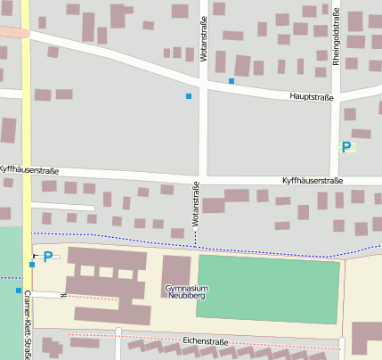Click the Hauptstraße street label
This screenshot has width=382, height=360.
(x=310, y=95)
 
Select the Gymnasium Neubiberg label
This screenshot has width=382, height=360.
(x=186, y=293)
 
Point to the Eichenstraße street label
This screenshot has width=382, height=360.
(x=206, y=341)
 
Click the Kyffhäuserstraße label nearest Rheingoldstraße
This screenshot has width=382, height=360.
(x=312, y=181)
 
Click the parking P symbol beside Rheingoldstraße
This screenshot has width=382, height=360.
(x=345, y=147)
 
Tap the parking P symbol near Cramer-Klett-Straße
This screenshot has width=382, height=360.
(x=48, y=257)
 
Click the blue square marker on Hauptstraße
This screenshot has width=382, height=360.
(x=232, y=81)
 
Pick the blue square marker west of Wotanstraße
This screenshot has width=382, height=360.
(x=188, y=95)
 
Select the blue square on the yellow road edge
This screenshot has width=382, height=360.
(x=32, y=264)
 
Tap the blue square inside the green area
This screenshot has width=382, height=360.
(x=18, y=290)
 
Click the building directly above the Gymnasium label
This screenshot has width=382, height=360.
(x=175, y=269)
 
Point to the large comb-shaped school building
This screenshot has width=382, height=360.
(x=107, y=285)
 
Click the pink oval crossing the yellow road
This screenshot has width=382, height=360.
(x=12, y=32)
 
